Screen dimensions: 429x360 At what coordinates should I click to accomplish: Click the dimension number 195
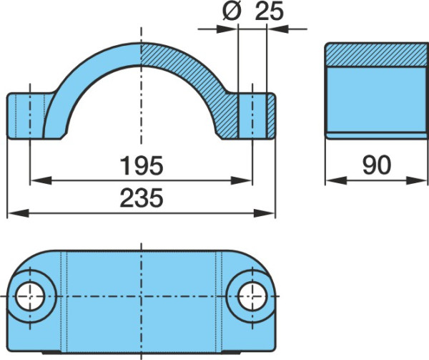pos(142,165)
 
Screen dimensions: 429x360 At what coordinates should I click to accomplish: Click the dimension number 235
pos(142,198)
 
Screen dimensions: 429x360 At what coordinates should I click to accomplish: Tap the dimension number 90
pos(377,165)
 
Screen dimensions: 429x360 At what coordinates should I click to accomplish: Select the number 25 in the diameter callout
pos(270,11)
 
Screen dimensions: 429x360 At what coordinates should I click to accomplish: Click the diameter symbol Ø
pos(232,11)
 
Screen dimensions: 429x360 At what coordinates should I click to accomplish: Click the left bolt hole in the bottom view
pos(30,296)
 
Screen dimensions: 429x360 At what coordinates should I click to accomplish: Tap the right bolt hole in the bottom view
pos(252,296)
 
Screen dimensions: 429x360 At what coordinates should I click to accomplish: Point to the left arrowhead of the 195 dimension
pos(41,180)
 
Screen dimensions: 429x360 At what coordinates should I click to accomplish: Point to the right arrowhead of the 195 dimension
pos(241,180)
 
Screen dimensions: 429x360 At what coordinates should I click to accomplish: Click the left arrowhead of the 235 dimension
pos(18,213)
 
